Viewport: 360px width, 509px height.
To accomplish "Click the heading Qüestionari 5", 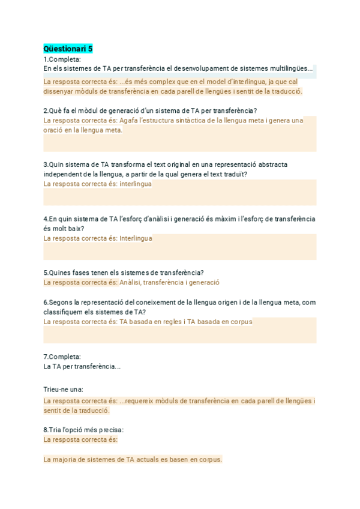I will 68,49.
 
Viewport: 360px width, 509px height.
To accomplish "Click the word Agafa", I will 128,120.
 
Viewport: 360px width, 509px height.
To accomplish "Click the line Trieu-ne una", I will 63,390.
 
